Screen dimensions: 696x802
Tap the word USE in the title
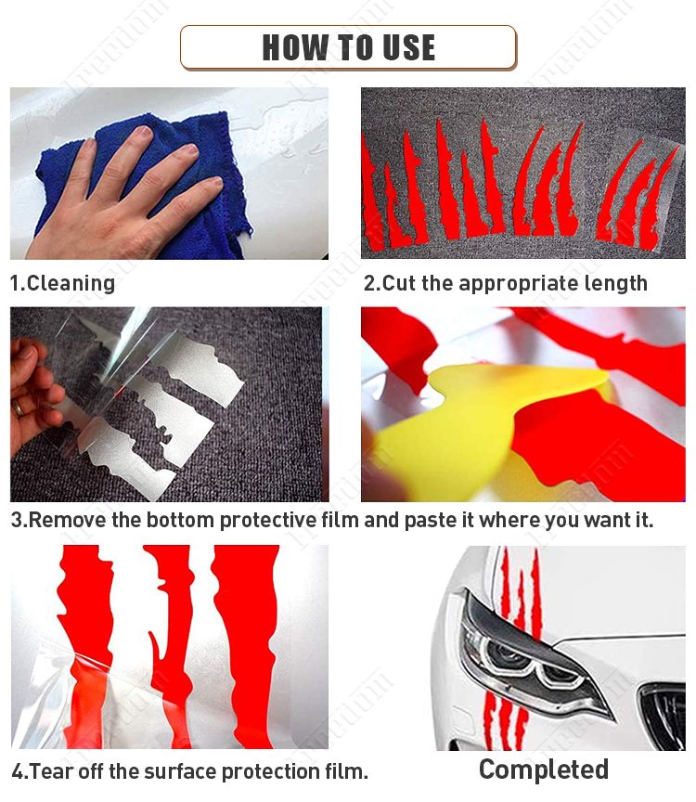[x=408, y=47]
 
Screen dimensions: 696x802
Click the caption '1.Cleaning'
[x=62, y=283]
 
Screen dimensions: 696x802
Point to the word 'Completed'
[x=544, y=770]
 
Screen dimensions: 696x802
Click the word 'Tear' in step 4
[x=47, y=771]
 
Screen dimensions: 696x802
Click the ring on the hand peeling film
[x=17, y=407]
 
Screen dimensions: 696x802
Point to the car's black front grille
[x=664, y=716]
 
